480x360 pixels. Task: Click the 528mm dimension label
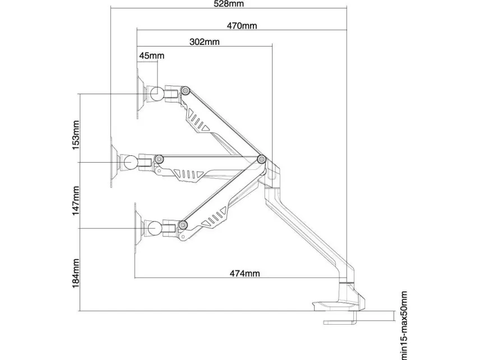point(229,4)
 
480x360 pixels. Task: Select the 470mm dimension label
point(242,26)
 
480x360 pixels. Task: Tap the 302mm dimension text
point(205,41)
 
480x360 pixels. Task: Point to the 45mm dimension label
point(152,56)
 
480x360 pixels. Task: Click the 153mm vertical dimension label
point(76,135)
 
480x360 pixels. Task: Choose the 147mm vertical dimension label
point(76,201)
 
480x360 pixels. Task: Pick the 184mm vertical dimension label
point(76,274)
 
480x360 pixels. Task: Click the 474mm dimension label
point(244,273)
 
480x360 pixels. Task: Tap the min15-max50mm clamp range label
point(404,325)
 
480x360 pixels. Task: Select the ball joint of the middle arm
point(131,162)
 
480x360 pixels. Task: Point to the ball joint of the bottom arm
point(155,228)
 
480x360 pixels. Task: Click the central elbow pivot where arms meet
point(261,159)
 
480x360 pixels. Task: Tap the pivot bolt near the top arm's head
point(184,90)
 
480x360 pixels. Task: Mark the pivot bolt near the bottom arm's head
point(183,225)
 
